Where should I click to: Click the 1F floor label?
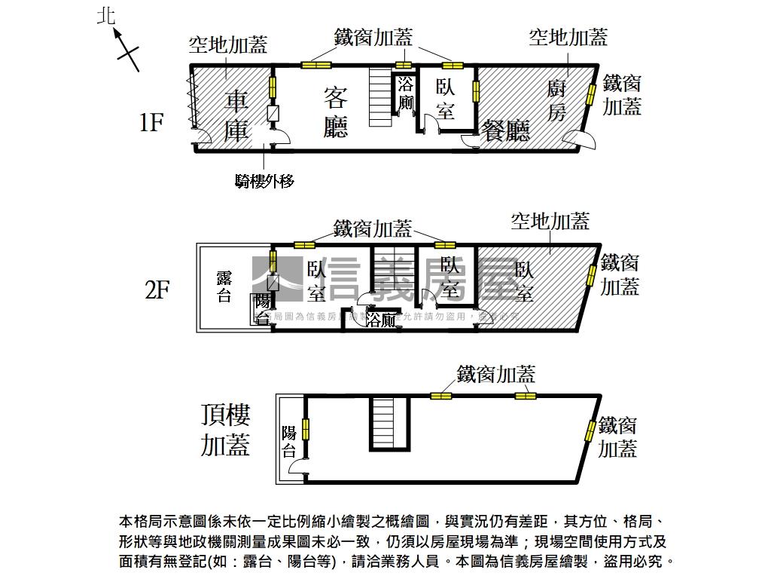click(151, 122)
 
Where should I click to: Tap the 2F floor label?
click(157, 289)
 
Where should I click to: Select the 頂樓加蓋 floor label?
click(225, 430)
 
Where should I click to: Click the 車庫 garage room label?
click(236, 115)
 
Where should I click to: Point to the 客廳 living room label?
click(335, 112)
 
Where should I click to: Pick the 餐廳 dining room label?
click(506, 130)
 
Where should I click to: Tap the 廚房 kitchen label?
click(556, 100)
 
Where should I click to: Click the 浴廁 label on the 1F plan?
click(406, 93)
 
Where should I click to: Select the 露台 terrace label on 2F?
click(224, 286)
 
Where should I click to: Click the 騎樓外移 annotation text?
click(264, 180)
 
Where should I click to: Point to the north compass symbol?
click(126, 49)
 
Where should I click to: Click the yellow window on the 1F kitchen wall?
click(591, 93)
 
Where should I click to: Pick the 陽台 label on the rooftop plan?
click(288, 441)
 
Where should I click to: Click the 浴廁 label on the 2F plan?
click(381, 320)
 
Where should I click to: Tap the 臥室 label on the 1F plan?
click(445, 99)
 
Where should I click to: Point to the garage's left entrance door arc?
click(202, 137)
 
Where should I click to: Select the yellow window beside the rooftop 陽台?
click(306, 429)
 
